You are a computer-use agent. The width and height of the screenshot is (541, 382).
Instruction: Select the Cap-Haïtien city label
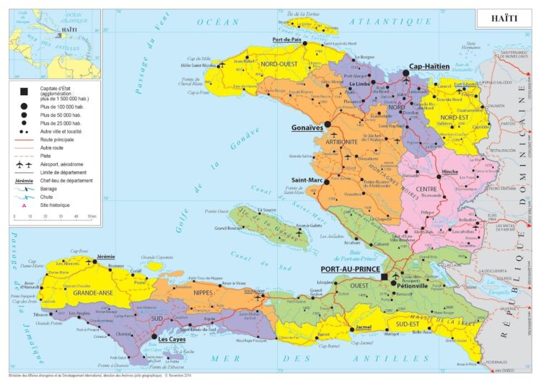coord(429,66)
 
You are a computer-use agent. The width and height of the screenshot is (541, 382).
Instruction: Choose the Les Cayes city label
coord(174,339)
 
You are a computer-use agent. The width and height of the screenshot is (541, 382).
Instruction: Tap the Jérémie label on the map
coord(106,257)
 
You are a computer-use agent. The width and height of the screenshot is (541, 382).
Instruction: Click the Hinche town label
coord(449,173)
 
